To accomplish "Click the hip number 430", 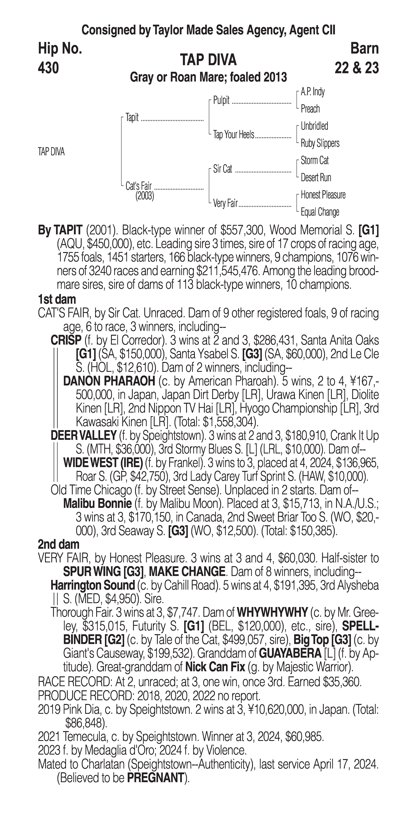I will tap(48, 68).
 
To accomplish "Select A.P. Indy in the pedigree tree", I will tap(313, 92).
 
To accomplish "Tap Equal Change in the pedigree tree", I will tap(320, 212).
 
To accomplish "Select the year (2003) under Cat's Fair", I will tap(145, 196).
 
